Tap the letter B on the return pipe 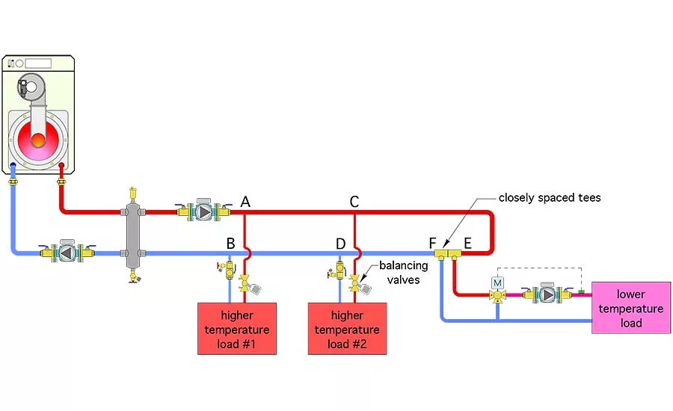[x=231, y=243]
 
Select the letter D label [x=341, y=243]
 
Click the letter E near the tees [x=468, y=242]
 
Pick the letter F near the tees [x=433, y=242]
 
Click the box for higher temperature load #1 [x=236, y=328]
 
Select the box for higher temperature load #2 [x=347, y=328]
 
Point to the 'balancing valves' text [x=403, y=273]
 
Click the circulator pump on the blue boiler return [x=67, y=253]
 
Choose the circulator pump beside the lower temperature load [x=548, y=294]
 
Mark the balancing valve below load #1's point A [x=245, y=285]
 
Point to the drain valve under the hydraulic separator [x=133, y=277]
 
